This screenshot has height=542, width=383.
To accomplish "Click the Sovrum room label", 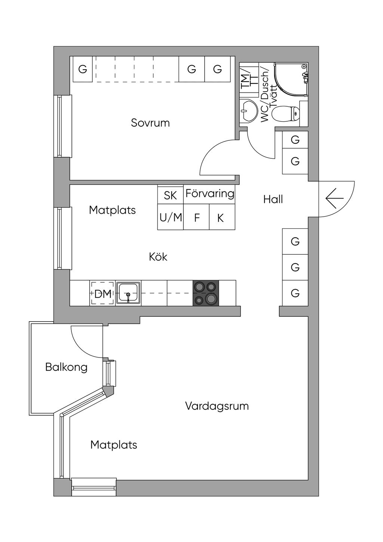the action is (x=150, y=123).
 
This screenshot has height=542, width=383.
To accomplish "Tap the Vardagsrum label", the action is (x=217, y=406).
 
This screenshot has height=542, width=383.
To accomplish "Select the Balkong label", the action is (x=66, y=367).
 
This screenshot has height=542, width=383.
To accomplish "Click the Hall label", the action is (x=273, y=200).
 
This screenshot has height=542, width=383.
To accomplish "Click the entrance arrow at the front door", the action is (x=335, y=198).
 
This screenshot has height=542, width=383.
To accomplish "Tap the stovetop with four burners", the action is (x=205, y=293).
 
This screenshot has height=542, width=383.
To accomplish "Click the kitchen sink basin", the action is (x=128, y=293).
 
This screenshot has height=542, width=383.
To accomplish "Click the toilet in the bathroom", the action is (x=285, y=113).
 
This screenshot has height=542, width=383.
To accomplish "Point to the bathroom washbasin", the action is (x=249, y=111).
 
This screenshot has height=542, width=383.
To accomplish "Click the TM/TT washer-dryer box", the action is (x=249, y=80).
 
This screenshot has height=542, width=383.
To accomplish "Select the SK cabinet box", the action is (x=171, y=194).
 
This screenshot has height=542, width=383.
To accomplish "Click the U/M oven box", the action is (x=171, y=217).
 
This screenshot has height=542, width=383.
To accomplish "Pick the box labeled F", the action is (x=196, y=217).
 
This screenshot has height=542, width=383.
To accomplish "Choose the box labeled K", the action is (x=222, y=217).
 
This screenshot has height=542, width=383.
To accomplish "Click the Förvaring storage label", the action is (x=210, y=194).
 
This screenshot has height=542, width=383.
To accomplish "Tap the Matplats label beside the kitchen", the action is (x=112, y=210).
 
